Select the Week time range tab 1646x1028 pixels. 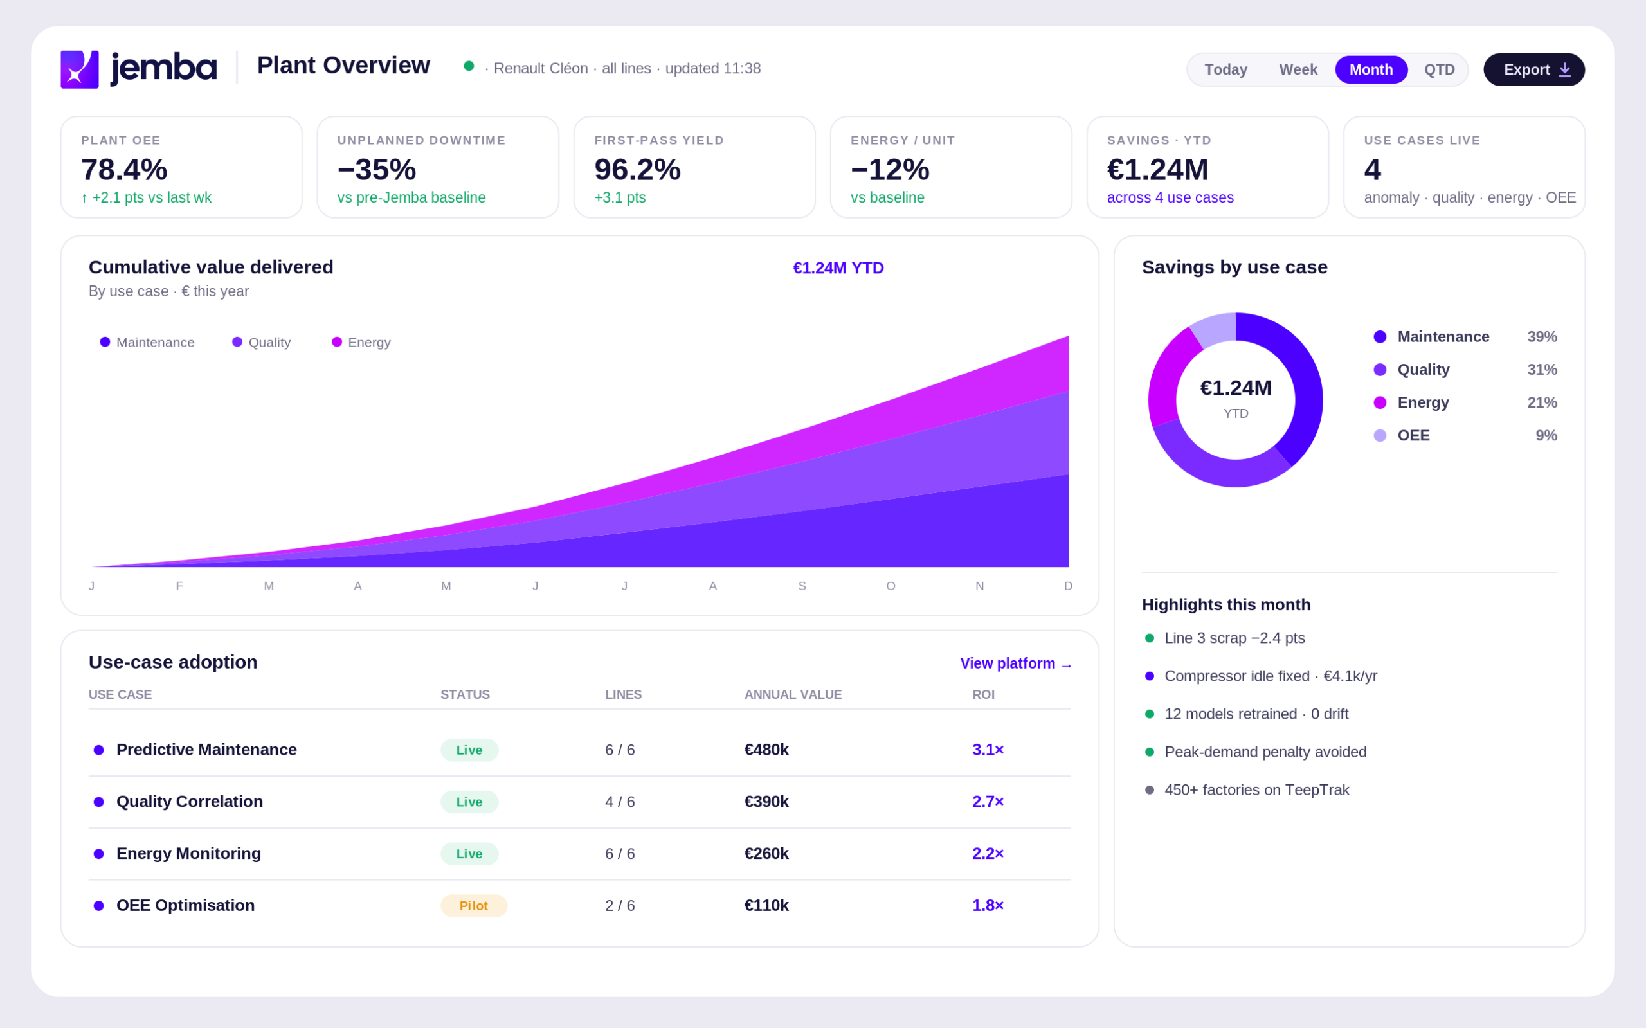click(x=1298, y=69)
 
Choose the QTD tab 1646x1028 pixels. click(x=1440, y=69)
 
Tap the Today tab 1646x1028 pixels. click(x=1226, y=69)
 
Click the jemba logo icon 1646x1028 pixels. click(x=80, y=69)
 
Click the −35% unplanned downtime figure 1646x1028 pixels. click(x=377, y=169)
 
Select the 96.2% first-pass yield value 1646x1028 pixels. click(x=637, y=169)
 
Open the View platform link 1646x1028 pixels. click(x=1016, y=663)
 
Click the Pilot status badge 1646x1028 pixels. click(x=474, y=906)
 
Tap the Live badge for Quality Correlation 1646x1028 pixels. click(x=469, y=802)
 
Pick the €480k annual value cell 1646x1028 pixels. click(x=766, y=749)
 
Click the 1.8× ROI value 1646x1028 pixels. click(x=988, y=905)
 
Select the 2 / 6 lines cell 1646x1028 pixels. click(x=620, y=906)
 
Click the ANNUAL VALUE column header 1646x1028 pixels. click(x=793, y=694)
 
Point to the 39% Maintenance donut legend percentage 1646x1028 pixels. click(x=1542, y=336)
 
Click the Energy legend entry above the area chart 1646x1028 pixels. click(x=361, y=342)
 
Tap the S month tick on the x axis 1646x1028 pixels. click(x=802, y=586)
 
